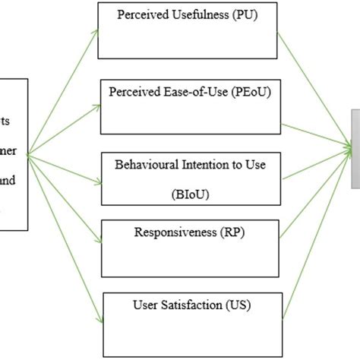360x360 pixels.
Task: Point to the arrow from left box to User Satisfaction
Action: (65, 235)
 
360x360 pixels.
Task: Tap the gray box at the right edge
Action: (355, 149)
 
